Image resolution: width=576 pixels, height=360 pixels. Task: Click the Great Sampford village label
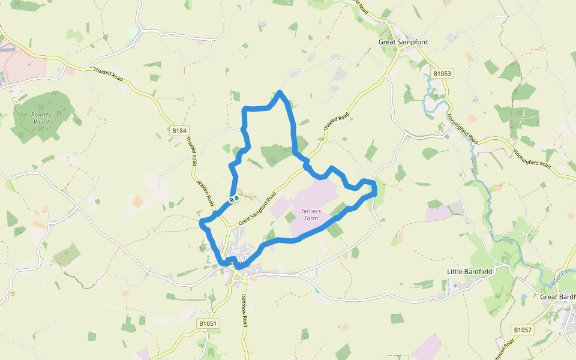tap(403, 42)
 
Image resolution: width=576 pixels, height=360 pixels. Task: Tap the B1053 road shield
tap(442, 74)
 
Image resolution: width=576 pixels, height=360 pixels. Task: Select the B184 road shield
tap(179, 130)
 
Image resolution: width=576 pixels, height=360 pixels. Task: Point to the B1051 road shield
tap(208, 323)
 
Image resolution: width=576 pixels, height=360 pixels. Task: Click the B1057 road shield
tap(523, 330)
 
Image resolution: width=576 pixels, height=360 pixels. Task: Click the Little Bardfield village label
tap(470, 272)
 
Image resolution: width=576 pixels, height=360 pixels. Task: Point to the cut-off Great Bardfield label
tap(557, 297)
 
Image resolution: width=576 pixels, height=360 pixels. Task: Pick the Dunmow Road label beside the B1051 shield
tap(244, 311)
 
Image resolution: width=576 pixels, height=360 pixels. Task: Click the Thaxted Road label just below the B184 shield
tap(192, 151)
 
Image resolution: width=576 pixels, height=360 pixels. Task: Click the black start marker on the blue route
tap(231, 199)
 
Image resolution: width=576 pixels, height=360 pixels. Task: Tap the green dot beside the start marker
tap(237, 197)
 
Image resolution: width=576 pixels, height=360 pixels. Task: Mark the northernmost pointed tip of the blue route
tap(280, 92)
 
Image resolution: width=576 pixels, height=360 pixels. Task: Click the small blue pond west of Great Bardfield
tap(524, 297)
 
